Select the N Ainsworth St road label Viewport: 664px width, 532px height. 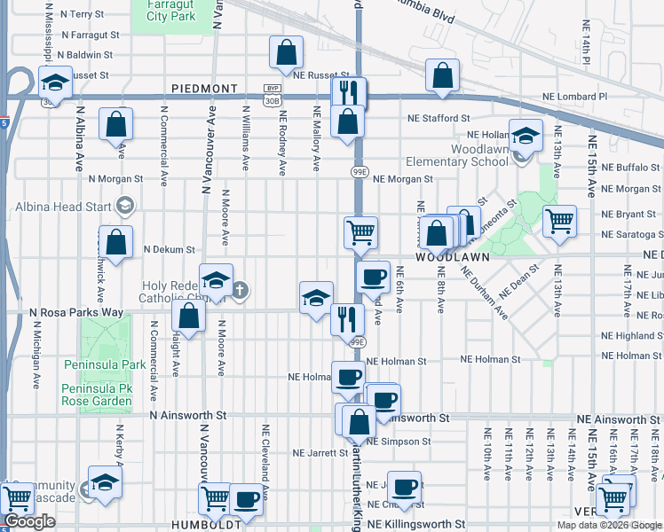pos(189,415)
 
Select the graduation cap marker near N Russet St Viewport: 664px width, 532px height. pos(56,83)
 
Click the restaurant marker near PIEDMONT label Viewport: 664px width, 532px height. pos(348,92)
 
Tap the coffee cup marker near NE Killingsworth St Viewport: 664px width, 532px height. pos(405,486)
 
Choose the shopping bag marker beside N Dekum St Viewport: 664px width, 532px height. pos(116,241)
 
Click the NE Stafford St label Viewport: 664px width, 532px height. pos(439,118)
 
